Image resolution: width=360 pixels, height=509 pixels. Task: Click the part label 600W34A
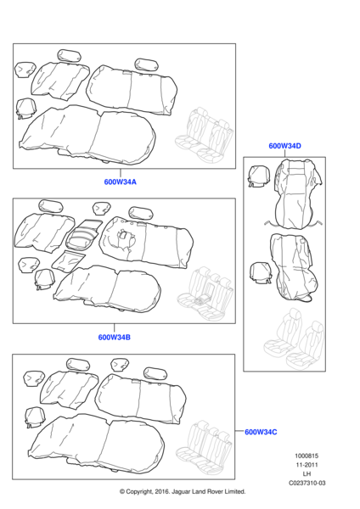pyautogui.click(x=120, y=182)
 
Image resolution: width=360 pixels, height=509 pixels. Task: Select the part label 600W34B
pyautogui.click(x=115, y=337)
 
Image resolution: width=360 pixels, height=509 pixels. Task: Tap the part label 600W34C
pyautogui.click(x=262, y=433)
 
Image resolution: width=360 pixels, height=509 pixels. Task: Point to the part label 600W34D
pyautogui.click(x=284, y=146)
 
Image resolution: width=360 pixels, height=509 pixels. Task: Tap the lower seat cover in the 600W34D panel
pyautogui.click(x=293, y=267)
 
